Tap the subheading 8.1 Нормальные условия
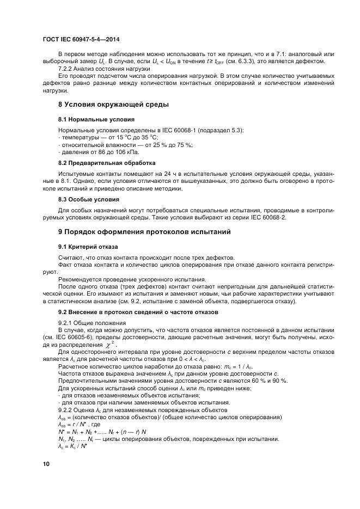coord(96,119)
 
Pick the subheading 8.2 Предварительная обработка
coord(107,163)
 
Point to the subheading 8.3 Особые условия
coord(89,199)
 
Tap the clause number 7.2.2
coord(67,69)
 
